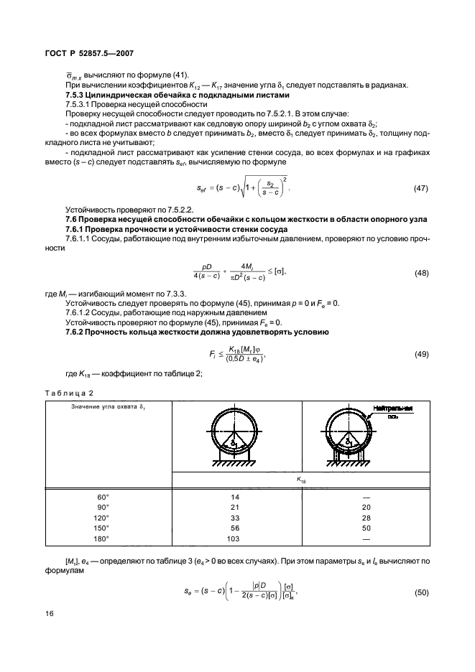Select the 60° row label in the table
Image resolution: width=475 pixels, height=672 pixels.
105,497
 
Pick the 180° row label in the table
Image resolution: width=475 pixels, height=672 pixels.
105,537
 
